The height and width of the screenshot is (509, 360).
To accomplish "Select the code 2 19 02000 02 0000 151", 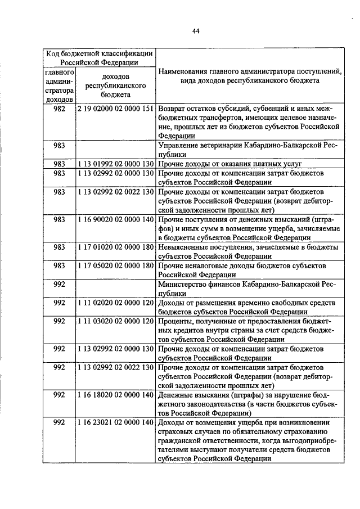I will tap(115, 108).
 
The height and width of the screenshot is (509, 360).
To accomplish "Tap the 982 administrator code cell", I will tap(60, 108).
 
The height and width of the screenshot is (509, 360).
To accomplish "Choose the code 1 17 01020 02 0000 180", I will tap(115, 247).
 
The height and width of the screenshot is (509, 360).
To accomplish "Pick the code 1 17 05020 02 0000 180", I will tap(115, 265).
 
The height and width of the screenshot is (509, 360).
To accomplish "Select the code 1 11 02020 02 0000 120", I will tap(115, 303).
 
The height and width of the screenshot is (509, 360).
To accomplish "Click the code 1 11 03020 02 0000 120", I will tap(115, 321).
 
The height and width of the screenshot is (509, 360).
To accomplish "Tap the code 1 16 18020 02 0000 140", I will tap(115, 395).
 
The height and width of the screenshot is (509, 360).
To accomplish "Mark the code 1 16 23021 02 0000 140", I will tap(115, 422).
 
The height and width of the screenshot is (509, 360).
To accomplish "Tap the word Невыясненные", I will tap(186, 247).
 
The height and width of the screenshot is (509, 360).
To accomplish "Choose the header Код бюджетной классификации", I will tap(98, 53).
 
